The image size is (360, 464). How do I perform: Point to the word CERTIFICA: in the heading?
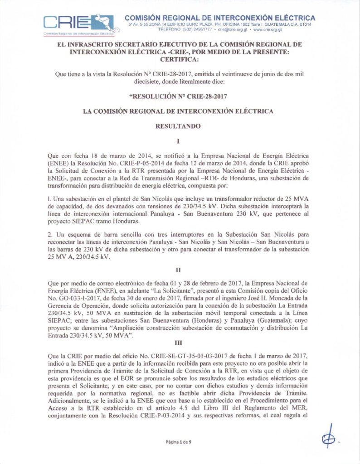(180, 59)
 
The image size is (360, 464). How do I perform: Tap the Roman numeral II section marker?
(180, 270)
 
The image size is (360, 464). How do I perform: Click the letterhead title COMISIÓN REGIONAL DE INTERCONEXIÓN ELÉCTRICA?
(220, 18)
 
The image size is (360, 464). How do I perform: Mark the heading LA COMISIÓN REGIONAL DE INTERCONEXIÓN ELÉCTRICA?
(180, 110)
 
